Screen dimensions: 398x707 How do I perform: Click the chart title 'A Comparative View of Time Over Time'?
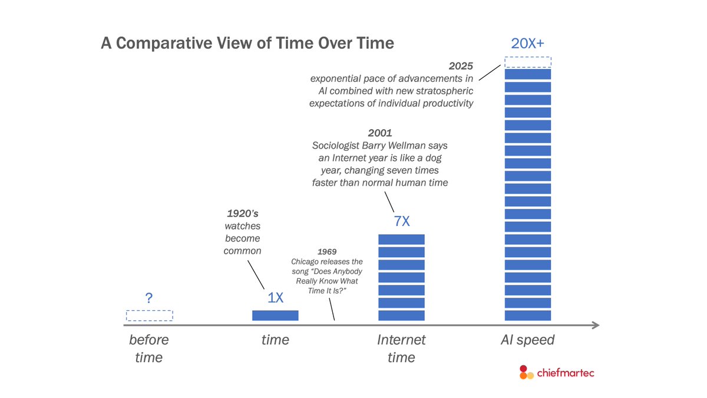tap(247, 44)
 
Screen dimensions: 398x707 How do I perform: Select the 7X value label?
tap(401, 222)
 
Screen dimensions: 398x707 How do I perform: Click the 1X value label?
tap(275, 298)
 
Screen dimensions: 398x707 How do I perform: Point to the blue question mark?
tap(149, 298)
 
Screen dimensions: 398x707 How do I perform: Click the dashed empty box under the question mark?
tap(149, 315)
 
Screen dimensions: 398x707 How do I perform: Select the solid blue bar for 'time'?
tap(275, 315)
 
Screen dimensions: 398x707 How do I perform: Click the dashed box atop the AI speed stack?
tap(527, 62)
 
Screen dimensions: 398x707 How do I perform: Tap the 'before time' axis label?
tap(149, 348)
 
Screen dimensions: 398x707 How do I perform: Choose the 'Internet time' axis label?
tap(401, 348)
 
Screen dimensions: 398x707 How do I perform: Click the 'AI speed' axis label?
tap(527, 340)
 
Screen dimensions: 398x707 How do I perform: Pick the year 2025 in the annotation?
tap(461, 65)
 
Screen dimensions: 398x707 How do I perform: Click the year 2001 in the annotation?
tap(380, 133)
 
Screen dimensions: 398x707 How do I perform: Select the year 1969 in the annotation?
tap(327, 252)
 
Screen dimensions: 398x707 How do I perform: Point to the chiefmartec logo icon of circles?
tap(526, 372)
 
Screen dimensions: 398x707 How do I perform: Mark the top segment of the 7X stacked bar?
tap(401, 239)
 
